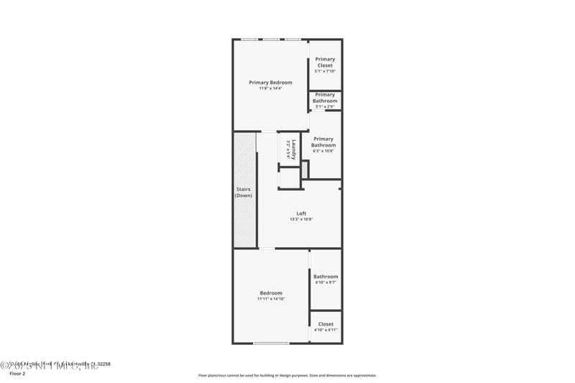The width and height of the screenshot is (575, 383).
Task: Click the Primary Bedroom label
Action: click(x=270, y=83)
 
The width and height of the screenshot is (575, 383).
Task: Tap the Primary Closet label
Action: click(x=325, y=63)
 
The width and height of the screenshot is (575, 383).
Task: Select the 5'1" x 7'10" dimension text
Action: click(x=325, y=71)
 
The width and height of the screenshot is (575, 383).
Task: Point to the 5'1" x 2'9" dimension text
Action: click(x=325, y=107)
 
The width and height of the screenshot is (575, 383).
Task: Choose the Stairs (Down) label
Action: click(x=244, y=193)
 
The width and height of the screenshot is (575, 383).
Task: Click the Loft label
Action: click(x=301, y=213)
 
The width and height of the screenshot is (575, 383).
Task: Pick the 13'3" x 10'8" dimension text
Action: click(x=301, y=219)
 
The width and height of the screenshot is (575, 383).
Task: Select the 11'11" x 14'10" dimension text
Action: click(x=271, y=299)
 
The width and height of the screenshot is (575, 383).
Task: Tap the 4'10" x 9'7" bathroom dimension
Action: click(x=326, y=282)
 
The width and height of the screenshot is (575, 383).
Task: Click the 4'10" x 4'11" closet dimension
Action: click(x=326, y=331)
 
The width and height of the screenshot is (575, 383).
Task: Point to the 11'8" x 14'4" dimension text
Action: click(x=270, y=88)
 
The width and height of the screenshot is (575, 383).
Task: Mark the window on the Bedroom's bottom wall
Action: click(x=271, y=343)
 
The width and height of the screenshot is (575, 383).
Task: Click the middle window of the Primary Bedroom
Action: click(x=271, y=39)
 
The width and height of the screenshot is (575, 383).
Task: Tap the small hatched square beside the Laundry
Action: click(x=305, y=170)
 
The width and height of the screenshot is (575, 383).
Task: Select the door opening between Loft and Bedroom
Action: click(x=267, y=249)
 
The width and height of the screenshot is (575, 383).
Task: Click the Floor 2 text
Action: click(x=17, y=374)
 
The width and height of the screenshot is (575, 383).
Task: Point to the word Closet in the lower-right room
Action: click(x=326, y=324)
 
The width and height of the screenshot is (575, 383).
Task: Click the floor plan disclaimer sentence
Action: click(x=287, y=375)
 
